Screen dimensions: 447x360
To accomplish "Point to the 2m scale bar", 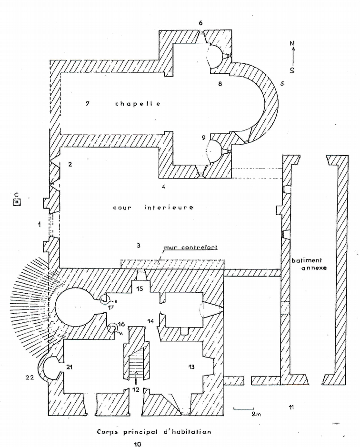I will [x=243, y=408].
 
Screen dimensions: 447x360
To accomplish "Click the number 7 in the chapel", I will [x=89, y=104].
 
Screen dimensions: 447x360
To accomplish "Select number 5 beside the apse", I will [x=282, y=84].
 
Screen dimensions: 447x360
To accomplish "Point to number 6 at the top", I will [x=200, y=23].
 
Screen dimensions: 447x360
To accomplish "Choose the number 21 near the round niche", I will [x=70, y=367].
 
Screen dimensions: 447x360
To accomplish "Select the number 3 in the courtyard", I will [x=138, y=246].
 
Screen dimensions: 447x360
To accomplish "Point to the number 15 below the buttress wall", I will [x=140, y=288].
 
